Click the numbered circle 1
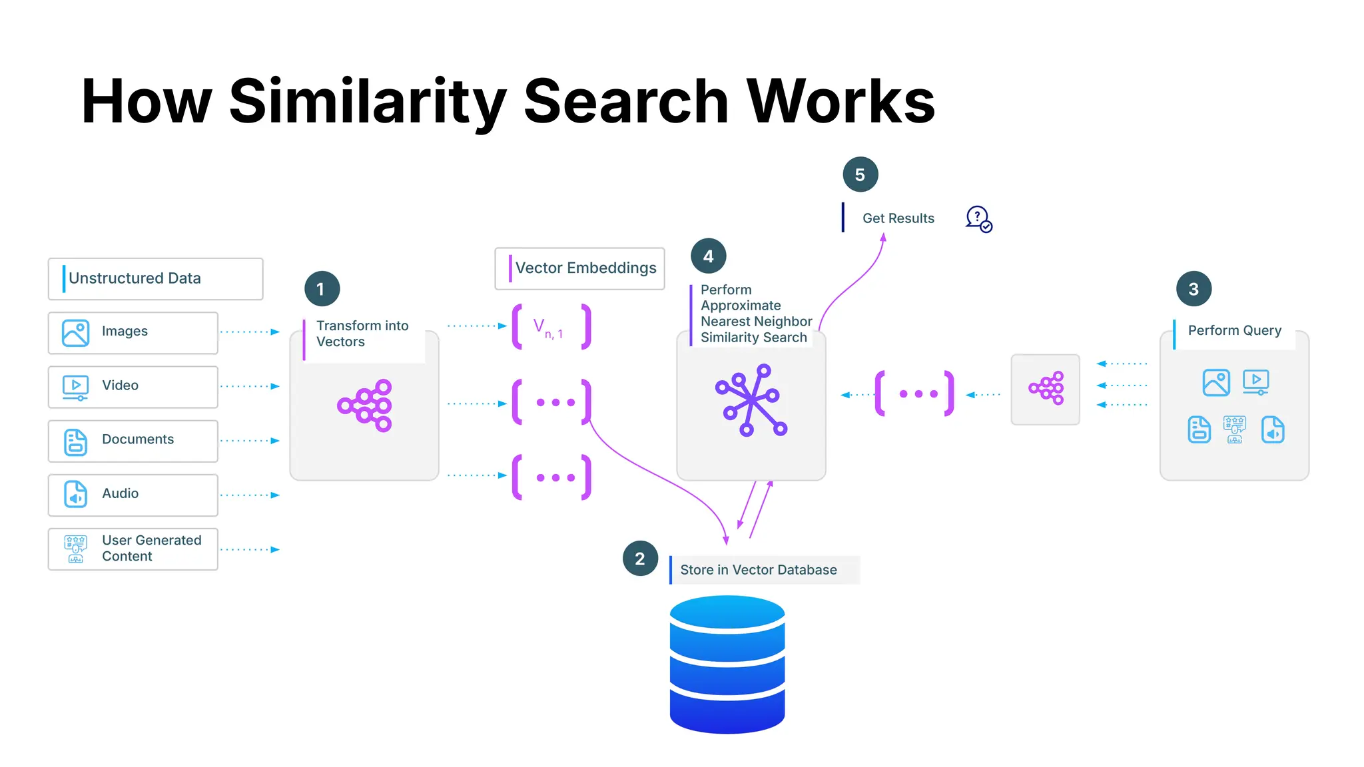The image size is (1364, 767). click(x=322, y=289)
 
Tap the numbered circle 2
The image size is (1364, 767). click(x=640, y=559)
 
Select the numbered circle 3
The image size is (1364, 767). click(x=1193, y=289)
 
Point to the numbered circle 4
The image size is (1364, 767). click(x=708, y=256)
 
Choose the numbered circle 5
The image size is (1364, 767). click(x=860, y=174)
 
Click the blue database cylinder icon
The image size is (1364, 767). click(x=727, y=664)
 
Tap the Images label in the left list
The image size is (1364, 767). click(x=125, y=332)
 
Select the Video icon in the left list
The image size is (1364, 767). click(x=75, y=386)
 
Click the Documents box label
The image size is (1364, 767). click(x=137, y=439)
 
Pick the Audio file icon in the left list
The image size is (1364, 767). click(x=75, y=494)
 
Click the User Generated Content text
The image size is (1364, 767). click(x=151, y=548)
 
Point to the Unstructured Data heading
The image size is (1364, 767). click(x=135, y=278)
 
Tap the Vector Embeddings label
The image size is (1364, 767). click(x=585, y=268)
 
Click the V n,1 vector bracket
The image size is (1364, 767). click(x=551, y=327)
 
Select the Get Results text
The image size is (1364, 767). click(x=898, y=218)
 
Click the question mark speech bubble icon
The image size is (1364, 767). click(x=978, y=218)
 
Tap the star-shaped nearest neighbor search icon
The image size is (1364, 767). click(x=751, y=400)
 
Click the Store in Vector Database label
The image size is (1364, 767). click(x=758, y=570)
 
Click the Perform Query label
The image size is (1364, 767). click(x=1234, y=331)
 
